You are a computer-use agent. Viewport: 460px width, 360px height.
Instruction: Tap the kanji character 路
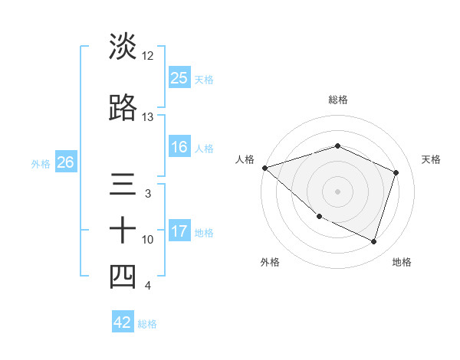pos(123,108)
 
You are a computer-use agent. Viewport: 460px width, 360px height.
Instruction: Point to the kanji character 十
pos(123,231)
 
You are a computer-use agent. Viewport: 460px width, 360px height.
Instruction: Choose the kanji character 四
pos(123,277)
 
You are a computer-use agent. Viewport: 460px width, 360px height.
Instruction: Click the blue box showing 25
pos(179,77)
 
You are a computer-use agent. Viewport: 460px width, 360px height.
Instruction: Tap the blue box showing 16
pos(179,147)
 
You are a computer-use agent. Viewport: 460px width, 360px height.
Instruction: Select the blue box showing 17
pos(179,231)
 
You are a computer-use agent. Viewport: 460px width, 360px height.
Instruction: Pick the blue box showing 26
pos(65,162)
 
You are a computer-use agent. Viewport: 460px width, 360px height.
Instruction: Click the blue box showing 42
pos(123,322)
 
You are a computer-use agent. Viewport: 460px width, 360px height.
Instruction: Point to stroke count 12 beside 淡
pos(148,56)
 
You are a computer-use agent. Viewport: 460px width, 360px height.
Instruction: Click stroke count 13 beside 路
pos(148,117)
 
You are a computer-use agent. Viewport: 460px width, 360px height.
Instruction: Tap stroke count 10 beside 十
pos(148,240)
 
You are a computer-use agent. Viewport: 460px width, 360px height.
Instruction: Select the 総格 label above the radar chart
pos(337,100)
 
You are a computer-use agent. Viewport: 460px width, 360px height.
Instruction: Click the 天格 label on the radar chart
pos(431,159)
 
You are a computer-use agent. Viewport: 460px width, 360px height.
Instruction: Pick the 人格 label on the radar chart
pos(245,159)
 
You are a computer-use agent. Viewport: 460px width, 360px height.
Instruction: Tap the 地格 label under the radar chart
pos(402,262)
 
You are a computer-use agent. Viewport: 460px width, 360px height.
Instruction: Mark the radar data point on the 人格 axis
pos(264,168)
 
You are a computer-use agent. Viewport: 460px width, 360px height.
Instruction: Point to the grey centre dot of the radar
pos(337,191)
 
